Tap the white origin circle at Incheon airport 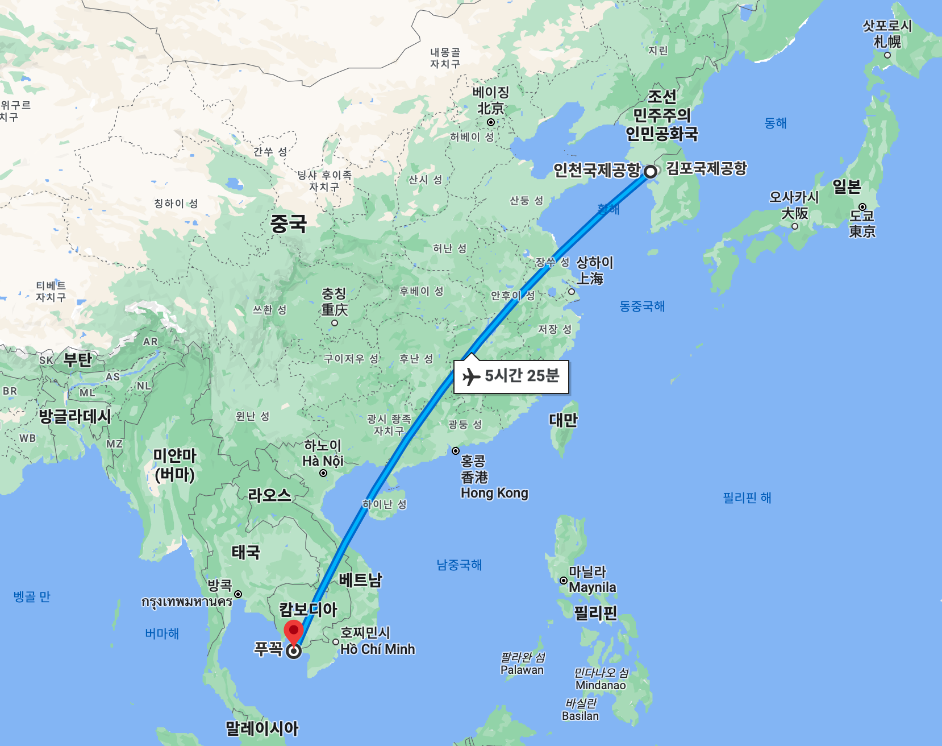[651, 171]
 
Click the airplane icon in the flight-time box [472, 376]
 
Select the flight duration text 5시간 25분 [522, 376]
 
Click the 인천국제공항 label [597, 170]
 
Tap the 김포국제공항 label [706, 168]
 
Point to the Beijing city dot [490, 122]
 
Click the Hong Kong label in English [494, 493]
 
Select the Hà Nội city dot [323, 473]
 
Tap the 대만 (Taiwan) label [563, 420]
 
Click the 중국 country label [288, 223]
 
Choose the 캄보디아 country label [308, 610]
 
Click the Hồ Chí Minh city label [377, 649]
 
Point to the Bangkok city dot [238, 594]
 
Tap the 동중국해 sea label [642, 306]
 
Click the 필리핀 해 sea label [747, 498]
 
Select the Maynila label [593, 587]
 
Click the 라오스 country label [269, 495]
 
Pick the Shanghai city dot [572, 292]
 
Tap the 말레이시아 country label [262, 728]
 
